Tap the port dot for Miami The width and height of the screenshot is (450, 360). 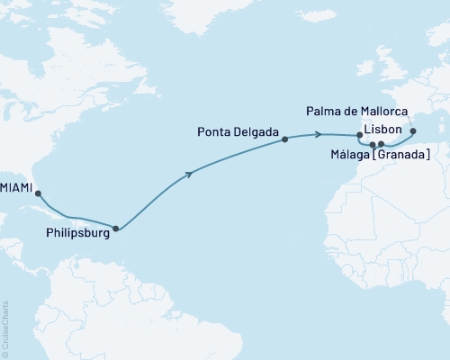coord(38,189)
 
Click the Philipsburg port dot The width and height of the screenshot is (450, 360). coord(114,228)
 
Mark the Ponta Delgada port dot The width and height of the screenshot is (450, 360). coord(284,139)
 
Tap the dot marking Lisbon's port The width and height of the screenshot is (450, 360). coord(360,137)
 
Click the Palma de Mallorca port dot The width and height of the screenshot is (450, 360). coord(413,131)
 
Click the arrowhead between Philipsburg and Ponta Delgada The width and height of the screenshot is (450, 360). coord(189,175)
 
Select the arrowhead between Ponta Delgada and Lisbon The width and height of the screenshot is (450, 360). coord(320,135)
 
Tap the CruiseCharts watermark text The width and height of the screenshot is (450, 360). coord(6,328)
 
